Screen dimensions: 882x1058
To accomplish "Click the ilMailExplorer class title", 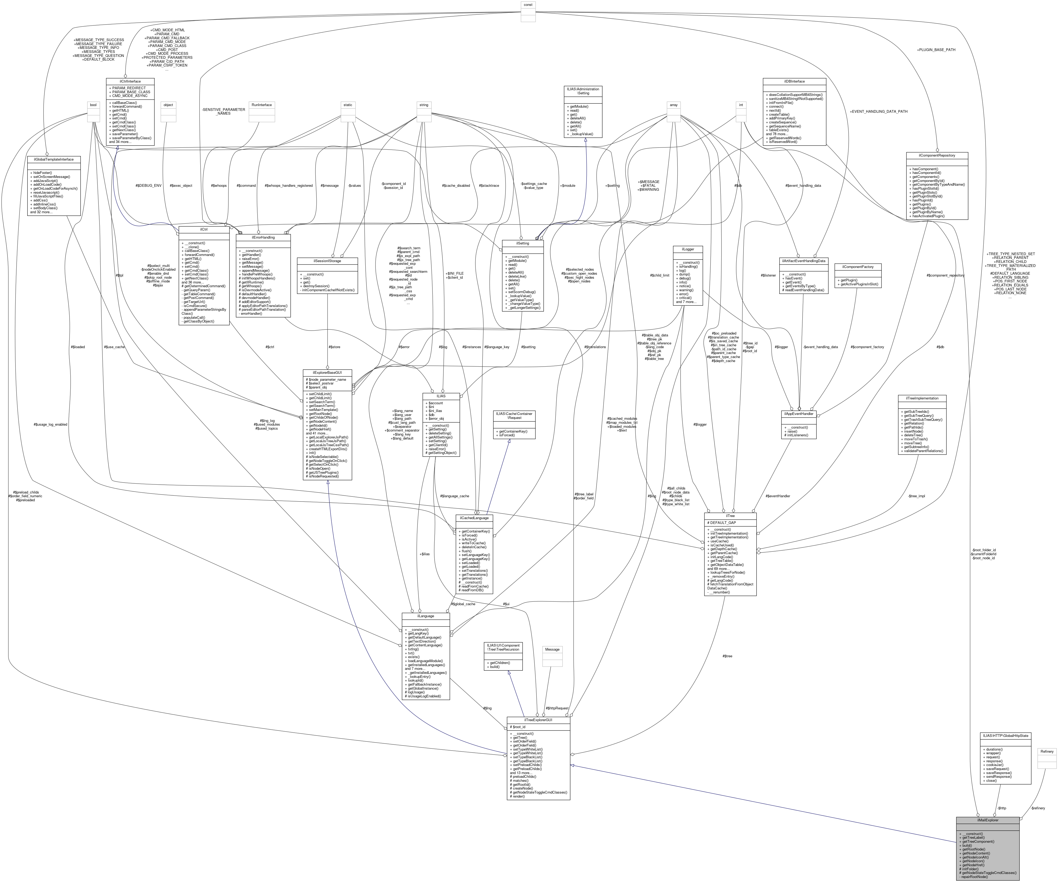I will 987,820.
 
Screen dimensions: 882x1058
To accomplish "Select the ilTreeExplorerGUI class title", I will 538,720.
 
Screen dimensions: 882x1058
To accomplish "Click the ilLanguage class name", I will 425,616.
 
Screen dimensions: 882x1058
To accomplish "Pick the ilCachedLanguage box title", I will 474,518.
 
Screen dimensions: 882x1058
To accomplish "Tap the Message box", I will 552,650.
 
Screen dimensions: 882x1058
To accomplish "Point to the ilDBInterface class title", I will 794,81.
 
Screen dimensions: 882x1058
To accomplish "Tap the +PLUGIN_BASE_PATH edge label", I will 936,50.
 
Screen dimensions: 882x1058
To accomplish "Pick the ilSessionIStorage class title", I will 327,261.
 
